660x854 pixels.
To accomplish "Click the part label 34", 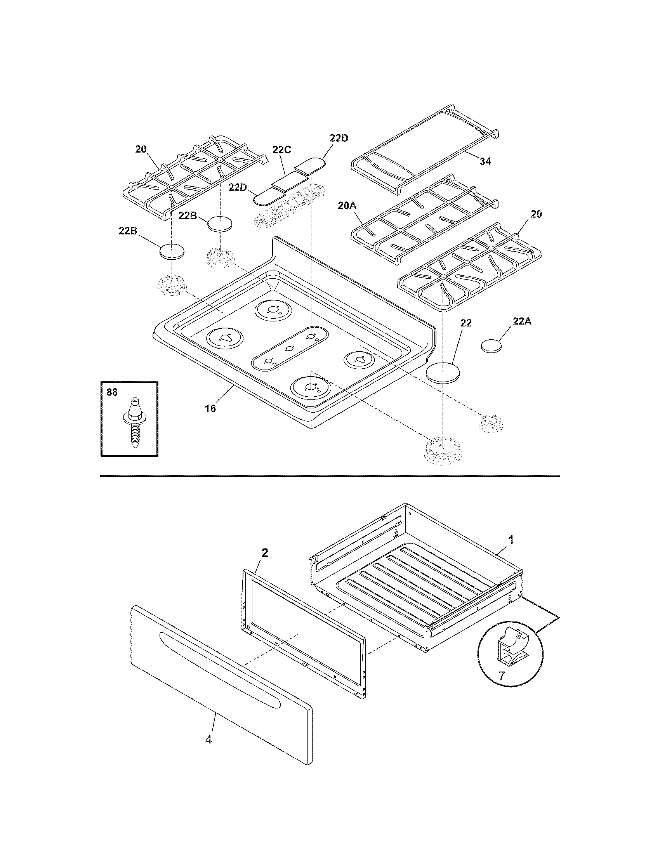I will tap(485, 161).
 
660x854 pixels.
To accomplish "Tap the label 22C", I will tap(282, 150).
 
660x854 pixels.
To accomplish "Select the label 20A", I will tap(346, 206).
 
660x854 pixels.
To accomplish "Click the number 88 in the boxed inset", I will tap(112, 392).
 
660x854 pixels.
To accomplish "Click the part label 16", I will tap(210, 409).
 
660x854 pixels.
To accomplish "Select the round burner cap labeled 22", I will tap(443, 371).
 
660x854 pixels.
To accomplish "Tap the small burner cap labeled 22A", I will tap(491, 346).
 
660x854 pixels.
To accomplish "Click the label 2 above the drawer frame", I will tap(265, 552).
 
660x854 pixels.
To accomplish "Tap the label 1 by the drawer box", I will tap(511, 540).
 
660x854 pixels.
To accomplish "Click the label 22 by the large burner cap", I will tap(466, 323).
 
